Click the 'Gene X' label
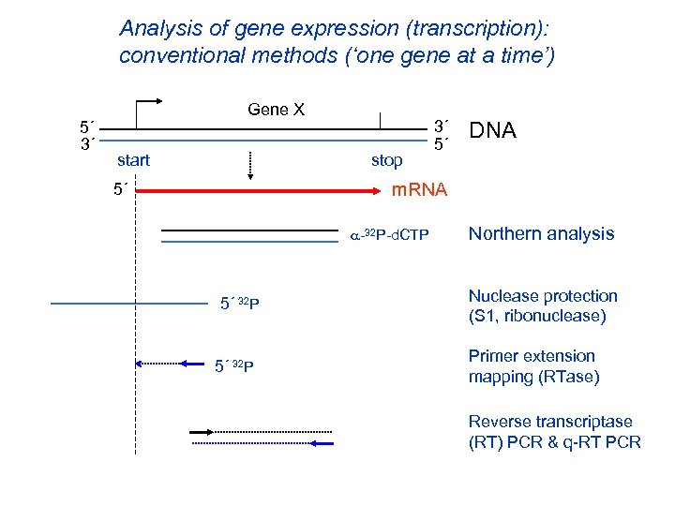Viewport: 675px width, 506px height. point(276,110)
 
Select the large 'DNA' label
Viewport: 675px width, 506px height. point(492,130)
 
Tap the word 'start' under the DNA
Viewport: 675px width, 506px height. point(133,160)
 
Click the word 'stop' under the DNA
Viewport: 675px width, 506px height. point(386,160)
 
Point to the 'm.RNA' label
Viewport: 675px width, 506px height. point(419,190)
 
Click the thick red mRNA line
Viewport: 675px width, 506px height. point(262,191)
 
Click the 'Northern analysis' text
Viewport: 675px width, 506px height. point(541,234)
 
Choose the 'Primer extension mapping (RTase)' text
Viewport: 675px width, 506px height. point(532,365)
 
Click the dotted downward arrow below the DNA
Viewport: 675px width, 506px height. point(249,164)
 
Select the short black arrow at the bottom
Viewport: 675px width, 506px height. point(202,431)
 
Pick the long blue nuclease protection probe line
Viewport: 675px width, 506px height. point(127,304)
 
